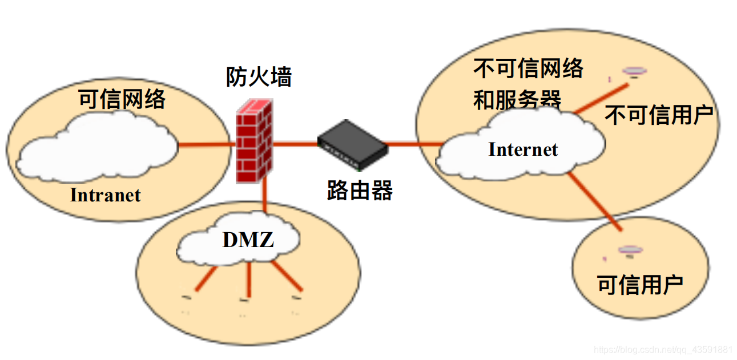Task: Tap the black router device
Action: (x=352, y=144)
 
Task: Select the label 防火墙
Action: (x=259, y=78)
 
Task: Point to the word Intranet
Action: (x=105, y=195)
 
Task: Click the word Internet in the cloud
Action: (x=523, y=149)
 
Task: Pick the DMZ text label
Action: (x=248, y=240)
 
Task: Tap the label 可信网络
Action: (x=122, y=100)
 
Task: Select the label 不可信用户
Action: (x=659, y=115)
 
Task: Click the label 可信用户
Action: (x=640, y=284)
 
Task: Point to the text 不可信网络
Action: (x=528, y=69)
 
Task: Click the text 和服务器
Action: (x=517, y=100)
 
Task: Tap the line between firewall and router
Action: (x=295, y=143)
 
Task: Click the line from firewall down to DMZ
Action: (x=265, y=197)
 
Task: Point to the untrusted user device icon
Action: (x=634, y=71)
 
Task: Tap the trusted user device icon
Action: (x=630, y=250)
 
